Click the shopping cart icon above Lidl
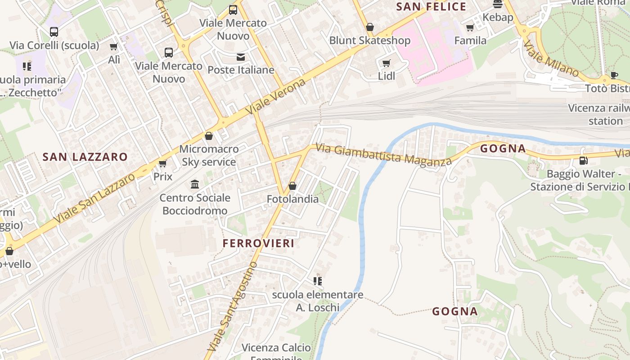[386, 63]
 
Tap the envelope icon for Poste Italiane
[241, 57]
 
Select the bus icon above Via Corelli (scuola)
[54, 32]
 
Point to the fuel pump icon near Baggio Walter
[583, 160]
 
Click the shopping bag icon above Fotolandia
[292, 185]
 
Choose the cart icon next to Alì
[114, 46]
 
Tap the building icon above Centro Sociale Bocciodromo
[195, 184]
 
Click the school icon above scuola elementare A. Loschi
[318, 281]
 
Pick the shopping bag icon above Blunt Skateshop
[370, 27]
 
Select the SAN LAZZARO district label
[85, 157]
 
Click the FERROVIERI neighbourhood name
[259, 243]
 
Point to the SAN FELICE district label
[431, 7]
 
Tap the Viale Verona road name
[276, 96]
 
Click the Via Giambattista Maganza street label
[383, 154]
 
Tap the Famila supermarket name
[470, 40]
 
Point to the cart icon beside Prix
[162, 163]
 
